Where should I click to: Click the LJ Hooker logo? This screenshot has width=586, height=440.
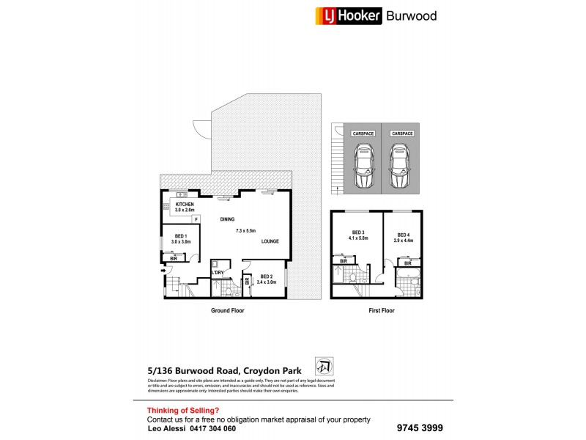(348, 15)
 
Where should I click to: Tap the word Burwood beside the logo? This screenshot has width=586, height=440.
(412, 15)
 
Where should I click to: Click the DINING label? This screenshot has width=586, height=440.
(229, 219)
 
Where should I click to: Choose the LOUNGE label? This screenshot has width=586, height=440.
(270, 241)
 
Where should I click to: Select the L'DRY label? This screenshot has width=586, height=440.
(218, 273)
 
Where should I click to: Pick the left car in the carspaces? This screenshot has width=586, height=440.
(363, 165)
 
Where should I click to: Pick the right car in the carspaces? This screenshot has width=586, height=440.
(400, 165)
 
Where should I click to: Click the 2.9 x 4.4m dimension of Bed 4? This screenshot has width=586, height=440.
(404, 240)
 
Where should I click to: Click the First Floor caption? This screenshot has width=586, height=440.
(381, 311)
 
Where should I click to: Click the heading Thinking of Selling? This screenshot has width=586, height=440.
(183, 411)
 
